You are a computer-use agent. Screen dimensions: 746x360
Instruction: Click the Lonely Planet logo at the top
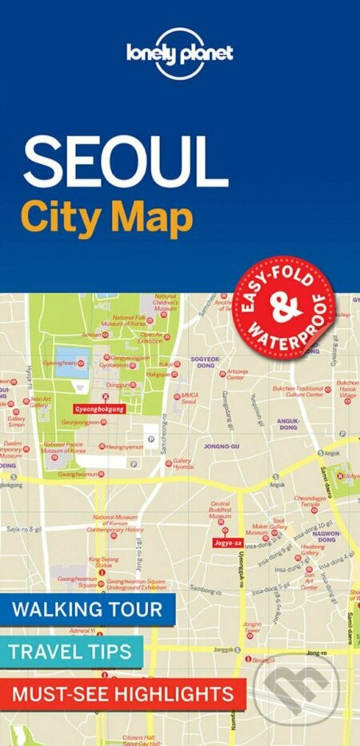(179, 53)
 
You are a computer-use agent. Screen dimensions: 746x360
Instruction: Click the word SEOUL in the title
(125, 162)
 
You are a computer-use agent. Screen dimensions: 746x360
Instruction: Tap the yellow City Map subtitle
(107, 217)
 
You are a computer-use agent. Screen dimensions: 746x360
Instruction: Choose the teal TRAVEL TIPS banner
(71, 651)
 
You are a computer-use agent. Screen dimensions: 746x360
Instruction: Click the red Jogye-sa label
(224, 543)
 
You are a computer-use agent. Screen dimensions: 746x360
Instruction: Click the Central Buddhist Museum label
(221, 511)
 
